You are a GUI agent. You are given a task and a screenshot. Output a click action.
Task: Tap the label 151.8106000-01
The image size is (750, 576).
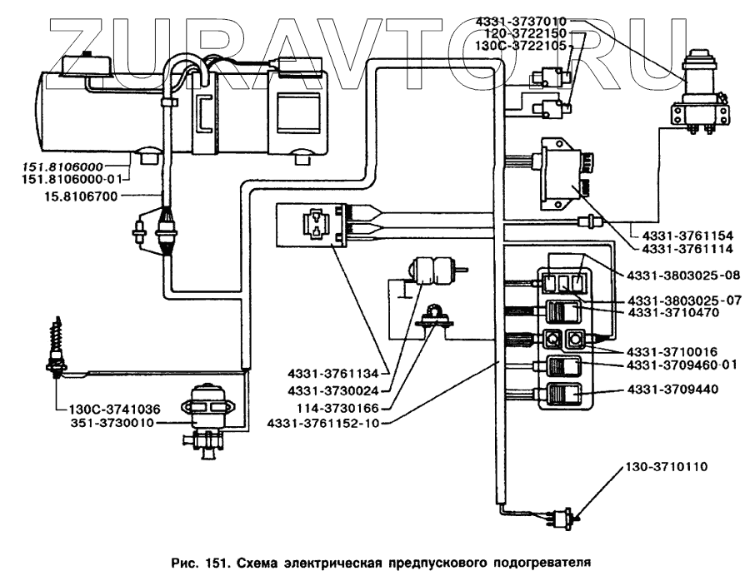68,179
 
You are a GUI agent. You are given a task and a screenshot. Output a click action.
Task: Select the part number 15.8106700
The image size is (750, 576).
81,196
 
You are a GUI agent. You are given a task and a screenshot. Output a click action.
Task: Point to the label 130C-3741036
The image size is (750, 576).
115,410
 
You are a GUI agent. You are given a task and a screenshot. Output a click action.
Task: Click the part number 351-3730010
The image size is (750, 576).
112,423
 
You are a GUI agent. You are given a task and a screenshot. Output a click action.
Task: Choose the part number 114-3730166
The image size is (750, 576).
337,409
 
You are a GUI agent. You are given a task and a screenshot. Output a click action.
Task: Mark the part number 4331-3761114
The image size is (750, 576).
687,248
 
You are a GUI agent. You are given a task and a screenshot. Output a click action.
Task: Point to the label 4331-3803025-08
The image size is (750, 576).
683,276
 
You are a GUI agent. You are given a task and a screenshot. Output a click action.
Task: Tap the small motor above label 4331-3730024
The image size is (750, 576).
432,271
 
